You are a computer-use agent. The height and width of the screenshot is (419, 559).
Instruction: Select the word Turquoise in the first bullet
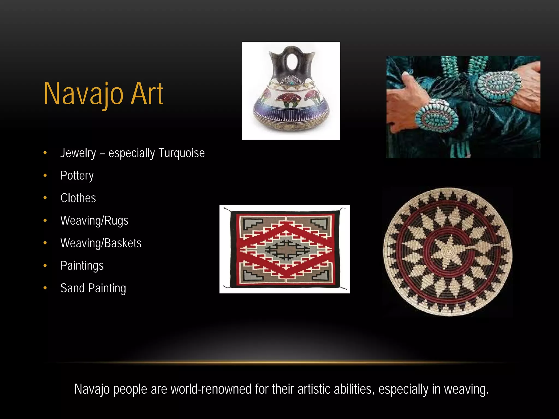182,153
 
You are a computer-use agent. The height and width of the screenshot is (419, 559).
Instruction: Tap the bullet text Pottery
77,176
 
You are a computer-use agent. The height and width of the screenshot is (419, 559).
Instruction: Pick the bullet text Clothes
78,198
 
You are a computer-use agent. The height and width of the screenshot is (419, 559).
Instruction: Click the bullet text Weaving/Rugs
94,221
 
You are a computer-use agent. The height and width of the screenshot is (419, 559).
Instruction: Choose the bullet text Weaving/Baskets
101,243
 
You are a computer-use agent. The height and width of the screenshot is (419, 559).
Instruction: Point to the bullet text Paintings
82,266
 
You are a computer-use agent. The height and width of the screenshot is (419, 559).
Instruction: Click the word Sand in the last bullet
72,288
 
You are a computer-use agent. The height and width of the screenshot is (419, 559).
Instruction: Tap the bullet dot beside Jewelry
45,153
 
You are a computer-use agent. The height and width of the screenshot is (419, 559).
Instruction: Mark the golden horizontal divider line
279,363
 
